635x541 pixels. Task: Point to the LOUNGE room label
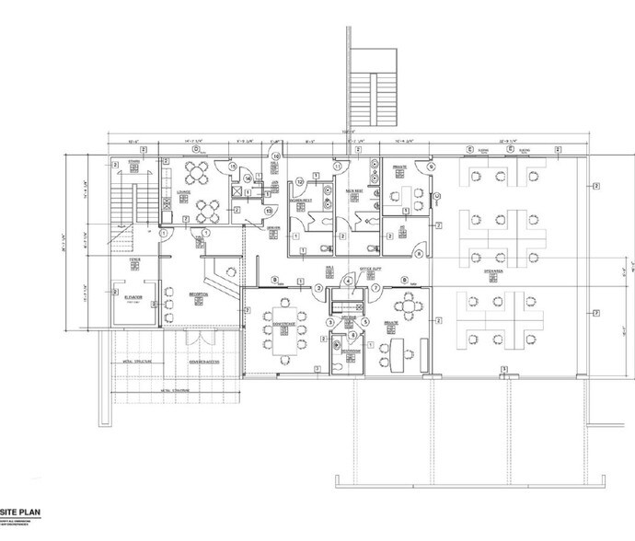tap(183, 192)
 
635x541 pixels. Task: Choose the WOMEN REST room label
tap(300, 199)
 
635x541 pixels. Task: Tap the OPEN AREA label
tap(495, 271)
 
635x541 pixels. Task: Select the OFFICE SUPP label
tap(370, 269)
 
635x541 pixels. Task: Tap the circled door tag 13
tap(269, 211)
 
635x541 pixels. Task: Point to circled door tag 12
tap(299, 182)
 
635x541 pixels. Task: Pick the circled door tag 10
tap(275, 156)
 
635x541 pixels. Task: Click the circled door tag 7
tap(375, 288)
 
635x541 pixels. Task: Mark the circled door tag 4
tap(348, 281)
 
